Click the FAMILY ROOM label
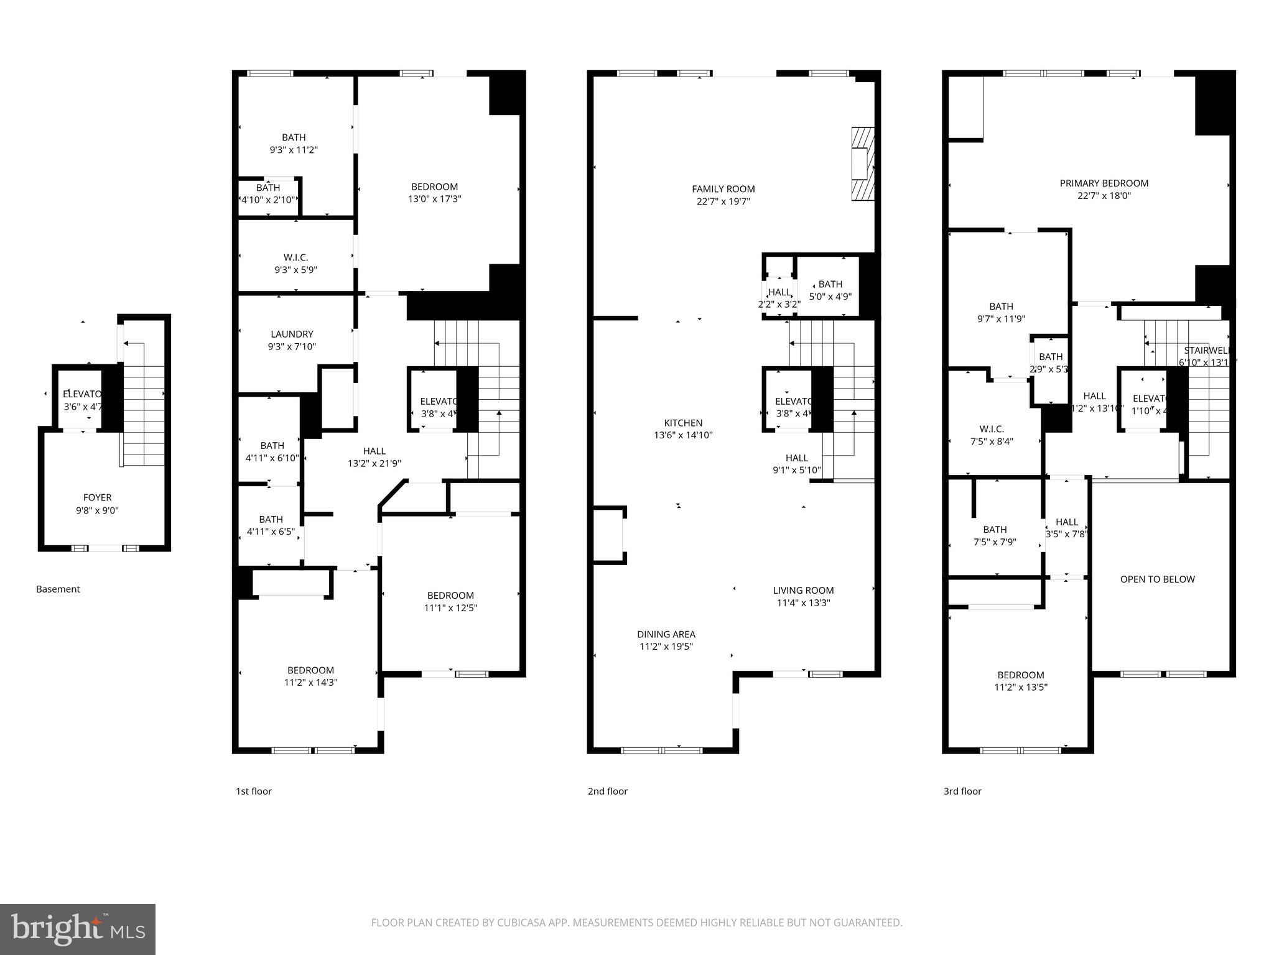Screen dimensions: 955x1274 click(x=723, y=189)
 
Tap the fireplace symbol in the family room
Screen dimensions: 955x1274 click(x=862, y=164)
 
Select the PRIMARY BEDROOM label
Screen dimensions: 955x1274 click(x=1104, y=183)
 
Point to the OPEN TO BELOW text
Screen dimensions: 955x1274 click(x=1157, y=579)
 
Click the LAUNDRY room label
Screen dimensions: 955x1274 click(x=292, y=334)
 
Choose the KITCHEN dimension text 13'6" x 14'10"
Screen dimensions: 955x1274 click(x=683, y=435)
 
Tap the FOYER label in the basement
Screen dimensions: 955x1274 click(x=97, y=497)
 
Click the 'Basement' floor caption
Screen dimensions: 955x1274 click(x=58, y=589)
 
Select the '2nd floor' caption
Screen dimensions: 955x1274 click(x=607, y=791)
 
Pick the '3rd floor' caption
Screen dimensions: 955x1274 click(x=962, y=791)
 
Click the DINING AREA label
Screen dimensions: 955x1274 click(x=666, y=634)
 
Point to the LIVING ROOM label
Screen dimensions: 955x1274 click(x=803, y=591)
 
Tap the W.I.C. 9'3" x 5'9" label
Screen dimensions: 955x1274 click(x=295, y=264)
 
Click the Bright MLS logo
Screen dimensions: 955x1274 click(x=78, y=929)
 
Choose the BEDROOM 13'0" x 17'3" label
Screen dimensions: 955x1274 click(x=434, y=193)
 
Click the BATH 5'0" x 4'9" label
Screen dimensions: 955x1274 click(x=830, y=290)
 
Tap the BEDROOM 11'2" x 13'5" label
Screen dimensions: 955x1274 click(x=1020, y=681)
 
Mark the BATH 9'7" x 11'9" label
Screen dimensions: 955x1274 click(x=1001, y=312)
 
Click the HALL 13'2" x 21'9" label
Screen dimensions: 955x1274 click(x=374, y=457)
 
